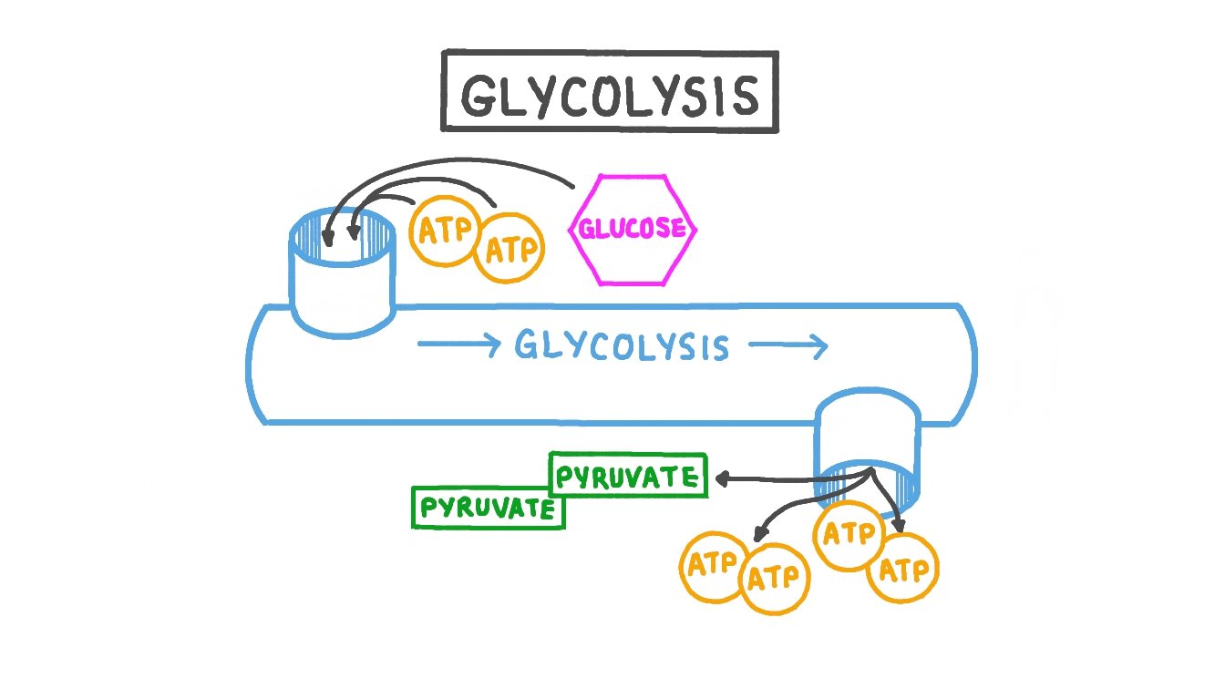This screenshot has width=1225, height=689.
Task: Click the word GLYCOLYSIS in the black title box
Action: tap(609, 94)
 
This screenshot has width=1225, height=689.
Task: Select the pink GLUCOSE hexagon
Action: tap(633, 228)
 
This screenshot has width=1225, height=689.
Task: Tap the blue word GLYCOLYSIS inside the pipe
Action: tap(622, 346)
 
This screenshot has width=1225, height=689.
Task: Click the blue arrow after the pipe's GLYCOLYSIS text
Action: tap(787, 346)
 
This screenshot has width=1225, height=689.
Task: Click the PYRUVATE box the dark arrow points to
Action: tap(628, 476)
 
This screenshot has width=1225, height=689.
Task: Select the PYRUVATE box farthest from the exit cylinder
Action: tap(487, 508)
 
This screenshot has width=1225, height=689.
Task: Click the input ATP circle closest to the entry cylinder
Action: tap(445, 231)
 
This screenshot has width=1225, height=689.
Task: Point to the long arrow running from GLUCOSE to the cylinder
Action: tap(437, 166)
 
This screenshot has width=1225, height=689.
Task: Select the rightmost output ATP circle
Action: tap(902, 569)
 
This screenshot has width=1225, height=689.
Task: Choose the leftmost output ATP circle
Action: tap(713, 564)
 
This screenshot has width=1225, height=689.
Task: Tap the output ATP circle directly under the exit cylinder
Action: tap(849, 534)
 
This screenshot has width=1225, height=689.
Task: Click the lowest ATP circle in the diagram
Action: tap(775, 578)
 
